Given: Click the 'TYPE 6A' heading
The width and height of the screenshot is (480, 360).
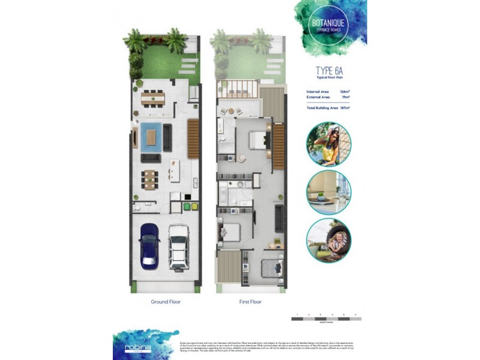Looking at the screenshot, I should click(329, 71).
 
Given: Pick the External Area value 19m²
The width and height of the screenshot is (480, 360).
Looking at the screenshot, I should click(345, 97).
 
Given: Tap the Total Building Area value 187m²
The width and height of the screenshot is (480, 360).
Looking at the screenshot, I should click(344, 107).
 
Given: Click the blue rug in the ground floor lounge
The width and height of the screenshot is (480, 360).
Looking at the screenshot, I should click(150, 136).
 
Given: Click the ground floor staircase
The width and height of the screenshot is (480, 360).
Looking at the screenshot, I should click(193, 139).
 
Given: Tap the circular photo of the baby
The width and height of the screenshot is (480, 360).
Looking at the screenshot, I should click(328, 240).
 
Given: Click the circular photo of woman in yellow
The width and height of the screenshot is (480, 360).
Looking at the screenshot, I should click(328, 144).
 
